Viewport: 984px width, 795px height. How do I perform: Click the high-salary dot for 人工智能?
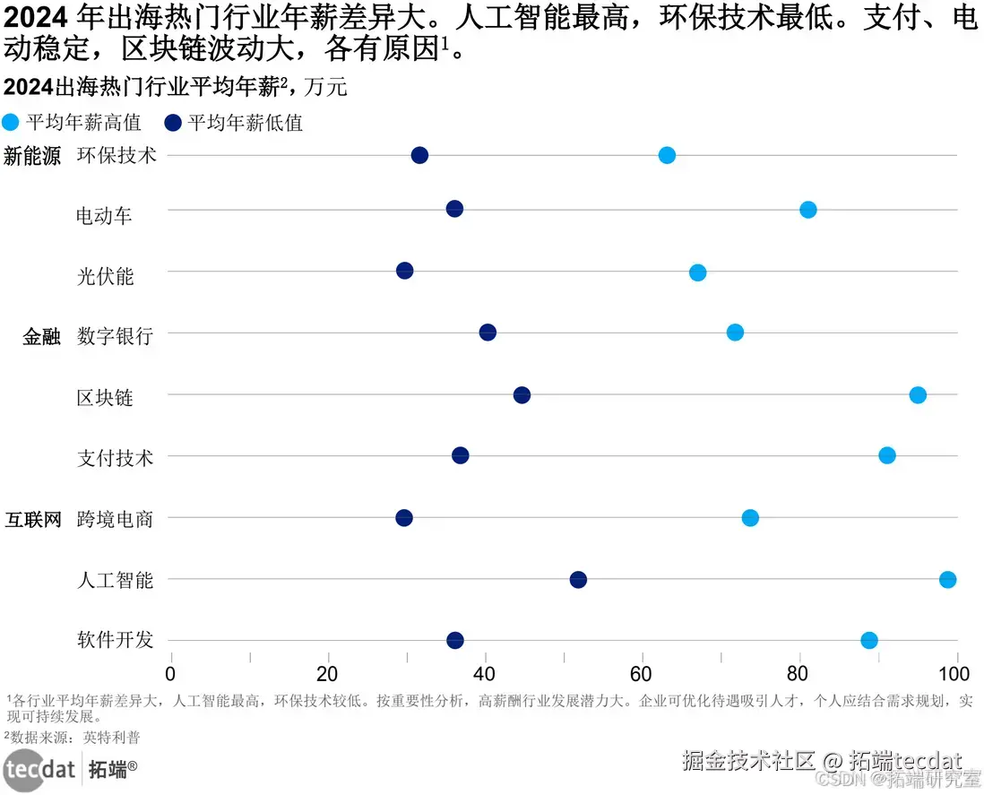(947, 579)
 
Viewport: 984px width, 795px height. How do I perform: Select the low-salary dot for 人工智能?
(578, 580)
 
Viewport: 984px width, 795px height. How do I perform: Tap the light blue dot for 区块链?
(918, 395)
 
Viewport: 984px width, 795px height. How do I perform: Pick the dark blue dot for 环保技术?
(419, 155)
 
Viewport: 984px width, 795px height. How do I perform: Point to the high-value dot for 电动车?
(807, 210)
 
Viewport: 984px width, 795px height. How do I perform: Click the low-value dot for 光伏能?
(405, 271)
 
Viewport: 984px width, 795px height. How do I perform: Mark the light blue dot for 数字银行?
(735, 333)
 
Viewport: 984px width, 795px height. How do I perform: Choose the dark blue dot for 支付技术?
(461, 455)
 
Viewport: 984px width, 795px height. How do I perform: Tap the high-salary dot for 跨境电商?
(750, 518)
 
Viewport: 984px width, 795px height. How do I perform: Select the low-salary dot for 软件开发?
(455, 640)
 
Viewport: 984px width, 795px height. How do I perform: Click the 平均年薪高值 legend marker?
(12, 123)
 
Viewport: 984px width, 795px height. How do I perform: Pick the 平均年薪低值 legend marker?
(174, 123)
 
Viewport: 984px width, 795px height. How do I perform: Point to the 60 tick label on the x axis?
(642, 674)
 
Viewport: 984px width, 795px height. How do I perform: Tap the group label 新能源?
(33, 156)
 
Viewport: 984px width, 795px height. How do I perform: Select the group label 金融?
(42, 337)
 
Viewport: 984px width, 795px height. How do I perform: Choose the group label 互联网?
(33, 519)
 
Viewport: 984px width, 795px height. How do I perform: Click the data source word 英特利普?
(112, 738)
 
